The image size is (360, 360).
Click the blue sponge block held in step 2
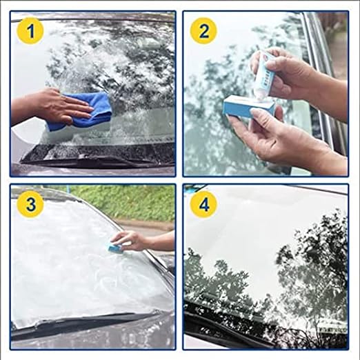(247, 107)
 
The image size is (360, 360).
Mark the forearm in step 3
(161, 241)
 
